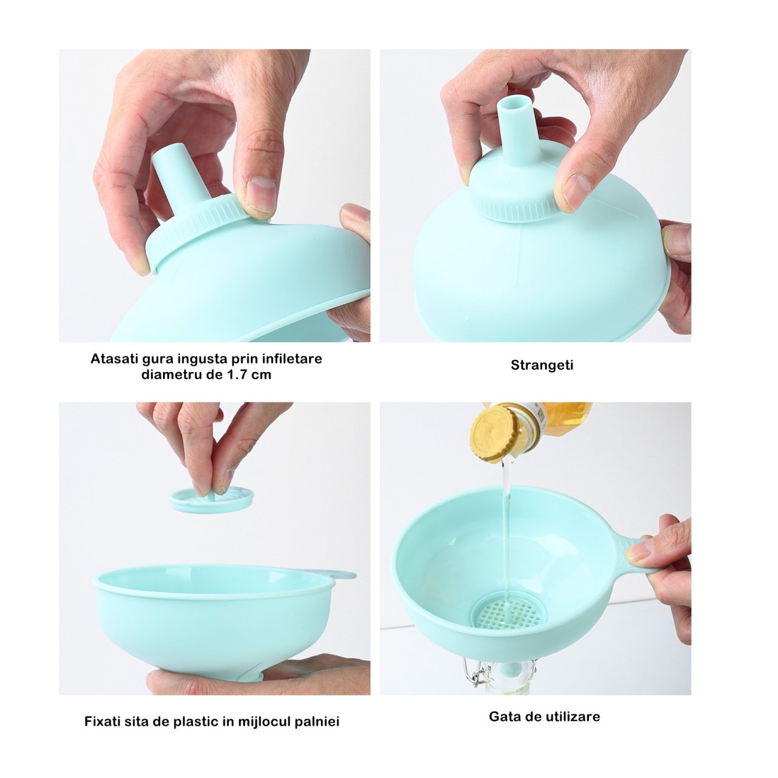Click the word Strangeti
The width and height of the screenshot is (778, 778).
point(542,365)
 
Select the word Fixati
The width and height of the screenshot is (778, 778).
point(102,721)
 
